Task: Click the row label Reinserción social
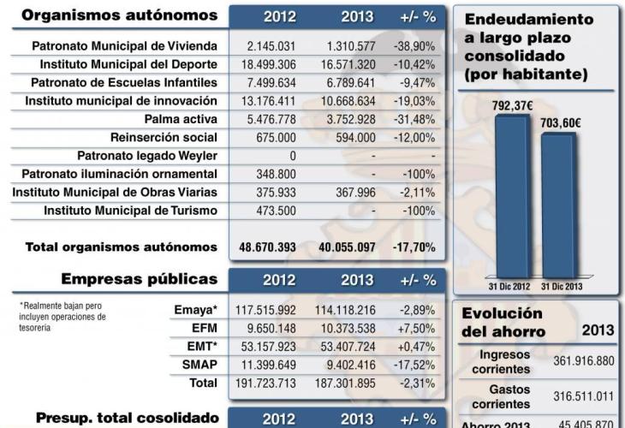[x=164, y=138]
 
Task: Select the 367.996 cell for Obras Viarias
[x=352, y=192]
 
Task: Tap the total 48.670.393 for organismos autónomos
[x=268, y=247]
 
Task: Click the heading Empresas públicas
[x=140, y=279]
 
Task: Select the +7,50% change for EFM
[x=418, y=327]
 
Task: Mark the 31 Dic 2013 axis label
[x=562, y=285]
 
